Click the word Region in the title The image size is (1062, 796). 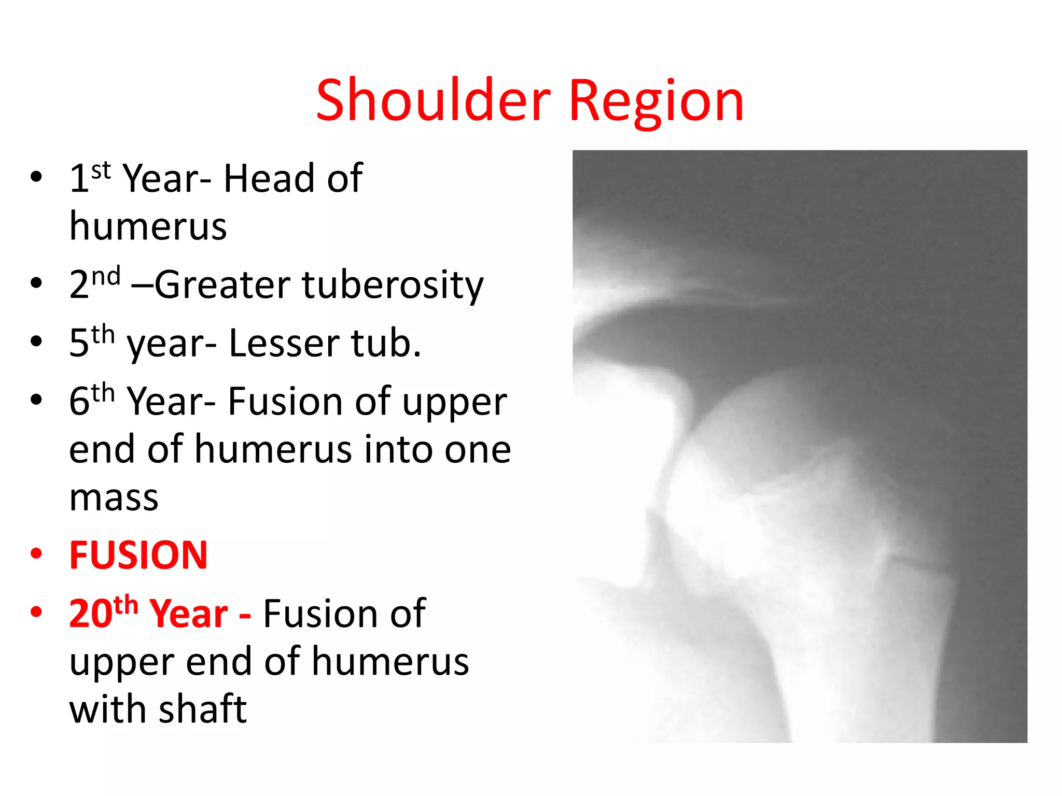(x=656, y=102)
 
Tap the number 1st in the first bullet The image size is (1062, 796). (x=90, y=178)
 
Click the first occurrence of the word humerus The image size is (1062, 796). (x=148, y=226)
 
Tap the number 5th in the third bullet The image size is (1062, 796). (x=91, y=343)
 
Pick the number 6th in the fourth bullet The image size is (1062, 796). (x=91, y=401)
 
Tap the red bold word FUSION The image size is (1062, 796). (x=138, y=555)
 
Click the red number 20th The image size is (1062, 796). (x=103, y=613)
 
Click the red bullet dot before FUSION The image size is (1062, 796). (x=36, y=553)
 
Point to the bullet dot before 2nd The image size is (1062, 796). (x=36, y=283)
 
